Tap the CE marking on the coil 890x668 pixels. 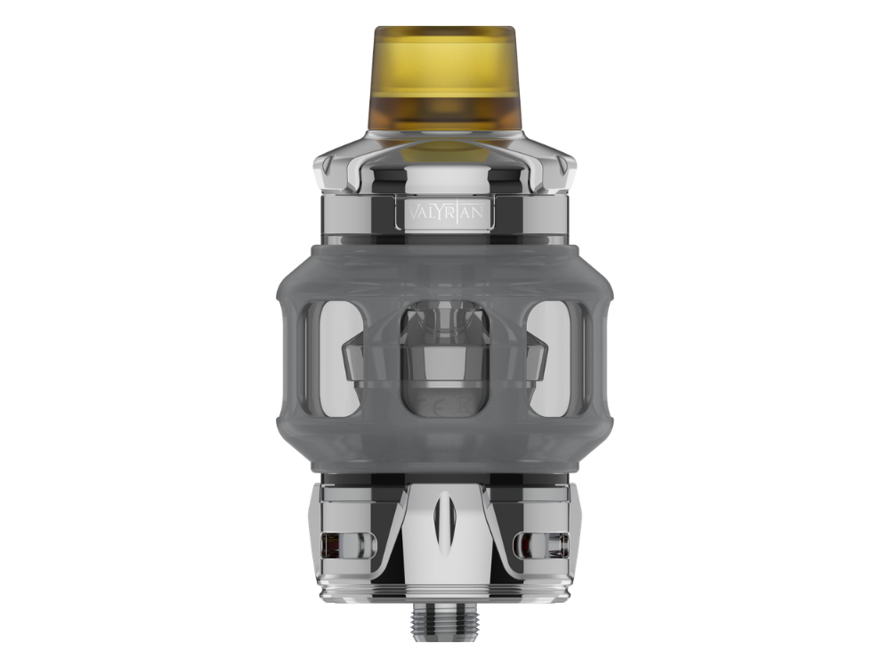[444, 403]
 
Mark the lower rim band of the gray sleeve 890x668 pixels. [444, 454]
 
